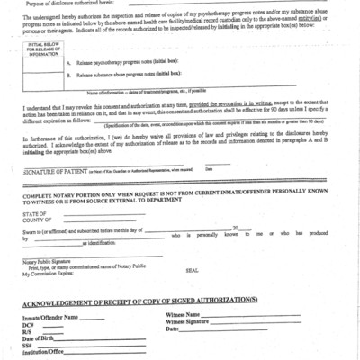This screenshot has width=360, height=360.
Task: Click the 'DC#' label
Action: tap(29, 324)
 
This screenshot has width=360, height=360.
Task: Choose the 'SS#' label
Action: tap(29, 344)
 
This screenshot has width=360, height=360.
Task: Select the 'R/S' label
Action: tap(28, 330)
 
